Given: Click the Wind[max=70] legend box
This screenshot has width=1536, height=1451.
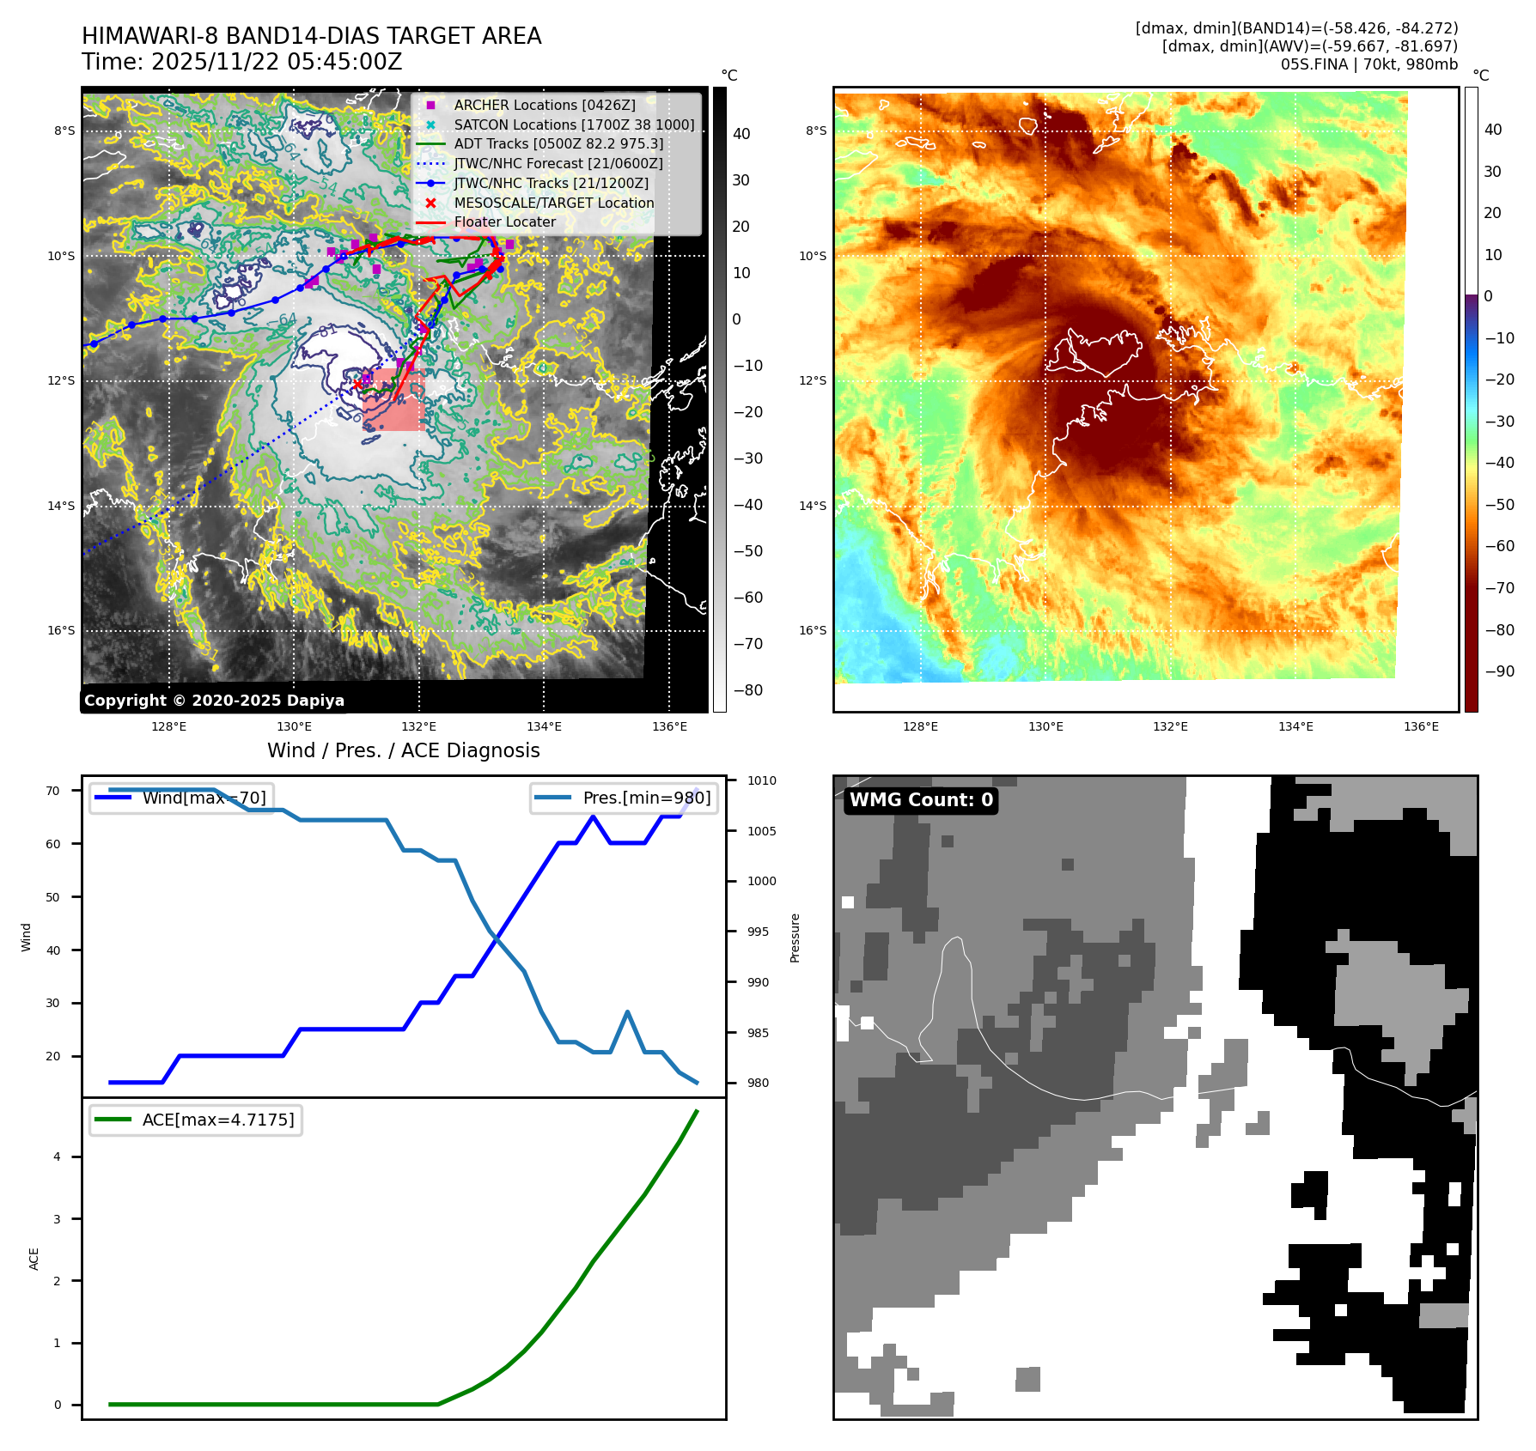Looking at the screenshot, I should pos(182,798).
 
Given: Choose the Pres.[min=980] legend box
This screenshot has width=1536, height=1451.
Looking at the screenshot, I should pos(625,798).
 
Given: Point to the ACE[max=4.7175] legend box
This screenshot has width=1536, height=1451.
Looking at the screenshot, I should pos(196,1120).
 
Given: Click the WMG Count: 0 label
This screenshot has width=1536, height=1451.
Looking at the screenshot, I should pos(921,800).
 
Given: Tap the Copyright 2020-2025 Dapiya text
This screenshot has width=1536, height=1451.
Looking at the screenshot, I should pos(214,701).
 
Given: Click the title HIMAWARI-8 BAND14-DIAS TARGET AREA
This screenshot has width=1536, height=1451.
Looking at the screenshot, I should pos(311,36).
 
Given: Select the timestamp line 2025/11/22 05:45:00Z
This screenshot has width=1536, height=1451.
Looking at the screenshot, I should pos(242,62).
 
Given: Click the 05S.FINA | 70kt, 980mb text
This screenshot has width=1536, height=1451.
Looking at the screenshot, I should pos(1368,64).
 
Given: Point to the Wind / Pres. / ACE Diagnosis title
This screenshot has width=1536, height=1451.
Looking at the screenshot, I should pos(404,750).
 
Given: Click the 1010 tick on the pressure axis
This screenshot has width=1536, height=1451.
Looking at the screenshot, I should pos(761,780).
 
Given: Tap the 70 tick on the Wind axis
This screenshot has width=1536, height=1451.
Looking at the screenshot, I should pos(53,791).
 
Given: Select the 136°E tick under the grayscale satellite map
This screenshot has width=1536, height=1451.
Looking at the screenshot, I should pos(669,726).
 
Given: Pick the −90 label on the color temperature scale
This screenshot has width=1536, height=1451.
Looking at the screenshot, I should pos(1500,671).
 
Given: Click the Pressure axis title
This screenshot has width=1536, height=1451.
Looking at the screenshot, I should pos(795,938).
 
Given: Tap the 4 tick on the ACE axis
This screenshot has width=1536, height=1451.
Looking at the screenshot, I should pos(58,1157).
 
